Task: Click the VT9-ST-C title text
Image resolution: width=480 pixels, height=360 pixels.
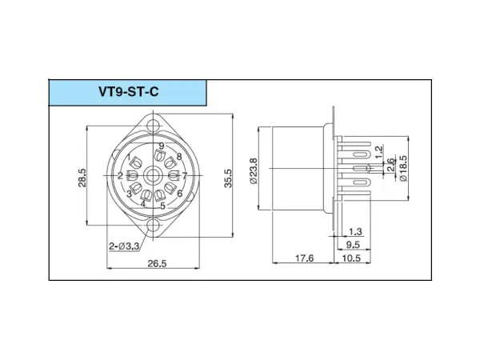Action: [127, 92]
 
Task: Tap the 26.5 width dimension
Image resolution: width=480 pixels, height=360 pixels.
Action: [157, 265]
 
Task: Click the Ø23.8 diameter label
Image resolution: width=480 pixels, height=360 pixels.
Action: [254, 170]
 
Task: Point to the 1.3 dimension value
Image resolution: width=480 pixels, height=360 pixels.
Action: [356, 232]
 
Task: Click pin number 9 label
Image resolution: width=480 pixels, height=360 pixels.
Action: [162, 146]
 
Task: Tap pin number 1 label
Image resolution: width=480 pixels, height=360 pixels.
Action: [129, 157]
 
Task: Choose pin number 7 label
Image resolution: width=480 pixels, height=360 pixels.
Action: [184, 175]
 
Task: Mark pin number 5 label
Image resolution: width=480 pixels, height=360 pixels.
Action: [162, 206]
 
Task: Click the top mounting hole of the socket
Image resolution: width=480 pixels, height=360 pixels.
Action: [157, 125]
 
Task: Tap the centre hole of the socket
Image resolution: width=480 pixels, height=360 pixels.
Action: [157, 175]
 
